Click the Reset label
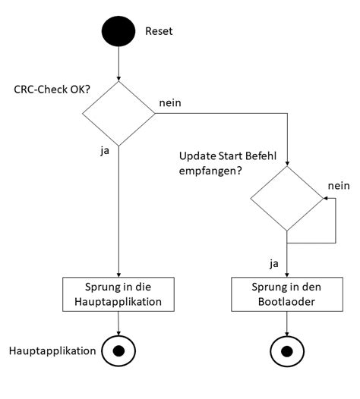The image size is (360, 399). click(159, 32)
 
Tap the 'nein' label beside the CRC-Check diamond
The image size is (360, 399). click(170, 101)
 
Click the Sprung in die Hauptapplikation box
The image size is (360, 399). click(118, 295)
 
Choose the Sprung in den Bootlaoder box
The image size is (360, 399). click(287, 295)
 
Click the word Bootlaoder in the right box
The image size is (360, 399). click(287, 302)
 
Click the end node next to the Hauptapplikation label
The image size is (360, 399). click(118, 350)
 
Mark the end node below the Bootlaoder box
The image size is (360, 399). click(287, 350)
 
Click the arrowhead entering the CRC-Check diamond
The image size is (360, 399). click(118, 79)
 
